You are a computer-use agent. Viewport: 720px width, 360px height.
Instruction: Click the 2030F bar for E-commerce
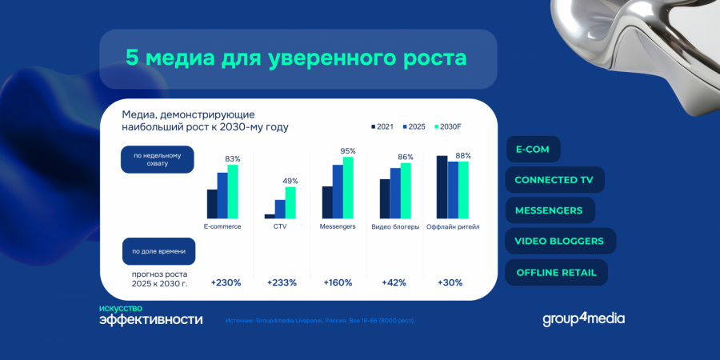point(233,192)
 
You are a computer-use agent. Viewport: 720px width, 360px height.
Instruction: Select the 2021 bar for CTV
point(270,216)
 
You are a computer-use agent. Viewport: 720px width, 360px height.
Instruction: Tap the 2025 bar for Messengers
point(338,192)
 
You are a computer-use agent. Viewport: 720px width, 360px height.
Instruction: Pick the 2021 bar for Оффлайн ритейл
point(442,187)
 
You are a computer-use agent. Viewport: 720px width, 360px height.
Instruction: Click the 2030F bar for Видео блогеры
point(406,190)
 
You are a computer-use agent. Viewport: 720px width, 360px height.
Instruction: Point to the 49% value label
point(290,181)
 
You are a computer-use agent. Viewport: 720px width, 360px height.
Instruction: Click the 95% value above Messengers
point(348,151)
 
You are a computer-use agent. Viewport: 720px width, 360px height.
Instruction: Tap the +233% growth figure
point(282,282)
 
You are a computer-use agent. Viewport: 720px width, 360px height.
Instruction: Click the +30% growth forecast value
point(451,282)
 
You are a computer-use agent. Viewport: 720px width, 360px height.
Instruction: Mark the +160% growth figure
point(338,282)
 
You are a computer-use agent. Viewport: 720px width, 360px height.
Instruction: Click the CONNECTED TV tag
point(554,180)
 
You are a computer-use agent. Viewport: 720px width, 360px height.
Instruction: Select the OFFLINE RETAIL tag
point(556,272)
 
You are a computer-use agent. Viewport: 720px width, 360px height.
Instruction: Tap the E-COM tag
point(533,149)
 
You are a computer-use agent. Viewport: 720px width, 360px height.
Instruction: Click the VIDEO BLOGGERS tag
point(559,241)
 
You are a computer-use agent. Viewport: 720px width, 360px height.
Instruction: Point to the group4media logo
point(583,318)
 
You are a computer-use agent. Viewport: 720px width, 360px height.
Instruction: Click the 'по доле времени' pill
point(158,251)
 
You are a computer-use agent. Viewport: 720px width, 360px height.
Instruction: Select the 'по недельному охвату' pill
point(158,160)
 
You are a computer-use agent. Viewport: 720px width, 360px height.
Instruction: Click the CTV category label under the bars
point(280,226)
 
